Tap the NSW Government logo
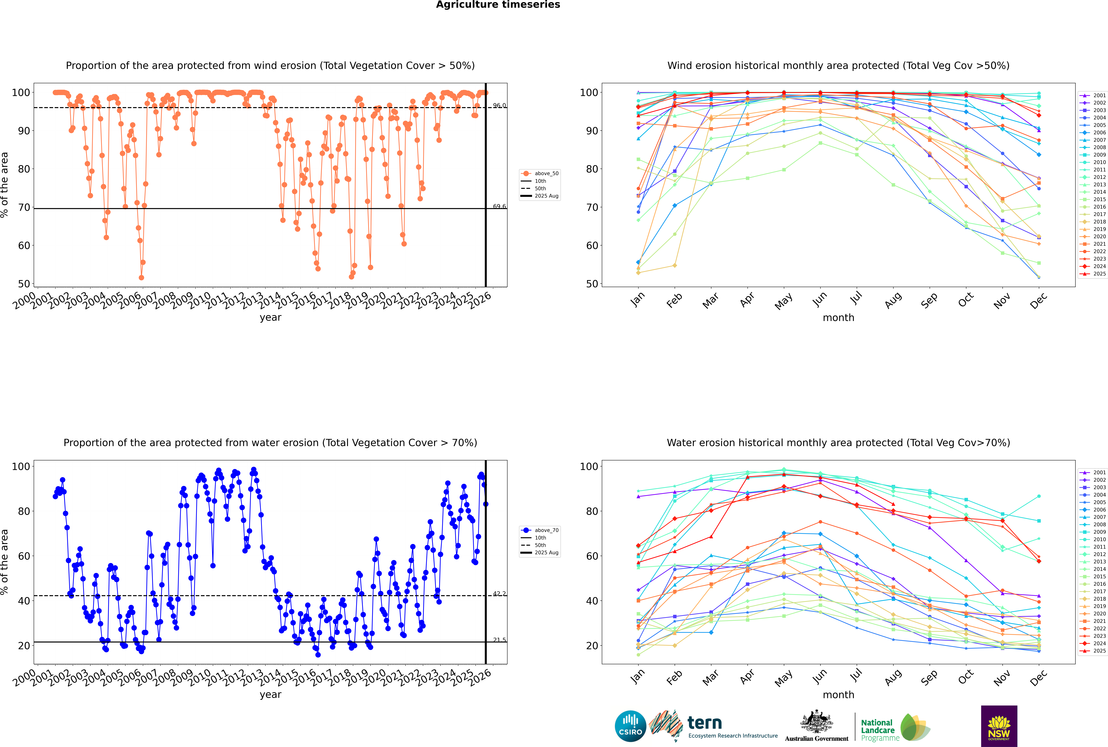(x=999, y=726)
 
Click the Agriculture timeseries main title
(x=498, y=5)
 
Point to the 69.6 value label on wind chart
(x=499, y=206)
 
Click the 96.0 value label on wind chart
(x=499, y=105)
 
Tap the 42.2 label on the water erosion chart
(x=499, y=594)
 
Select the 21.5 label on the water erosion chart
(x=499, y=640)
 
